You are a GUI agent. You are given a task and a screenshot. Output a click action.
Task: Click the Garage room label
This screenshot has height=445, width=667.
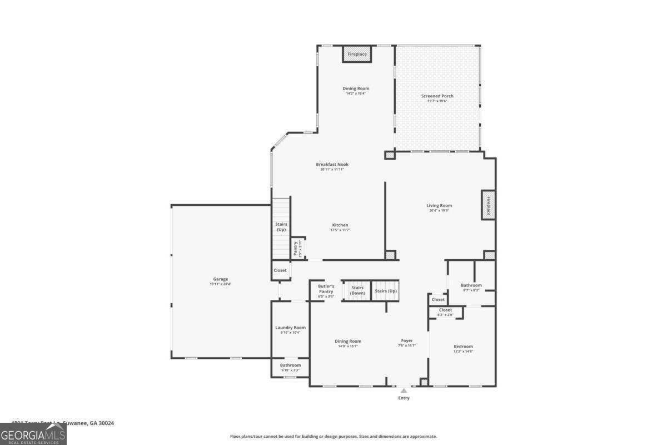221,279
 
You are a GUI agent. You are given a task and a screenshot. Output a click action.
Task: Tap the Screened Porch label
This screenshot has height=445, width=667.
437,96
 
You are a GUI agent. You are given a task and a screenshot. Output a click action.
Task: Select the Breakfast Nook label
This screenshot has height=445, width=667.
332,164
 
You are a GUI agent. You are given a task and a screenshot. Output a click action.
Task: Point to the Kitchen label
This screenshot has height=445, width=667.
340,225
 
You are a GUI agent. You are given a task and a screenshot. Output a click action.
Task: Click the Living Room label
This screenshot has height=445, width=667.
439,205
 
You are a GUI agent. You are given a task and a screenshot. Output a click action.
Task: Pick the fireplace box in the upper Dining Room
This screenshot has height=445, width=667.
357,54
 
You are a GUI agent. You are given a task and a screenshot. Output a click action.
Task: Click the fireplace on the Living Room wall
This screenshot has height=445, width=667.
489,205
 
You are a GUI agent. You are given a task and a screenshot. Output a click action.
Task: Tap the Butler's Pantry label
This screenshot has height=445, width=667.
326,289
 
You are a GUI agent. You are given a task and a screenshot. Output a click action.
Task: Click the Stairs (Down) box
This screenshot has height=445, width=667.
357,290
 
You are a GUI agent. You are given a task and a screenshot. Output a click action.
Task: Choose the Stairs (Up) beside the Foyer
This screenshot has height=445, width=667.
386,291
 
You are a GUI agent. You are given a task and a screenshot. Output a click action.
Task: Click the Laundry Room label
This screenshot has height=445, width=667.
290,328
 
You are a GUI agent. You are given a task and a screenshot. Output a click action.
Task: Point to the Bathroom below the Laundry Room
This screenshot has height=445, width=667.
290,365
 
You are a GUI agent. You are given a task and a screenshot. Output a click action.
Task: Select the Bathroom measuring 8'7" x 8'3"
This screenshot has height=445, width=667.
471,285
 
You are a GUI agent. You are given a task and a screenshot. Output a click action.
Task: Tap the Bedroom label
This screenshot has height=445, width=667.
463,346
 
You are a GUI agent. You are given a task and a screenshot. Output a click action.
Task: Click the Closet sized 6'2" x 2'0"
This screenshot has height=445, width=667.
445,310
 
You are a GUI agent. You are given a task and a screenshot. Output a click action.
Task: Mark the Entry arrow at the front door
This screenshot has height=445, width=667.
404,391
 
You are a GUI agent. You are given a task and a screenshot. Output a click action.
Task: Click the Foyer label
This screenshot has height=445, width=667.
407,341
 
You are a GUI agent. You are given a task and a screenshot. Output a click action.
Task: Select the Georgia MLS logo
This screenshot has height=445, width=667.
33,434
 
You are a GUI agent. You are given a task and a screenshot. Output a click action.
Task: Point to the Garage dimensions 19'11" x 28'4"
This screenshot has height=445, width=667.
221,284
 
